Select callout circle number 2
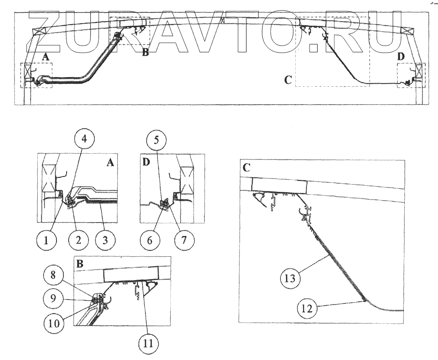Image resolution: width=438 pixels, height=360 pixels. pos(78,240)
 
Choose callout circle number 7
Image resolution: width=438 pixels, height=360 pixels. pos(183,240)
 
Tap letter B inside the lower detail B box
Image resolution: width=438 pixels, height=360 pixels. pos(80,264)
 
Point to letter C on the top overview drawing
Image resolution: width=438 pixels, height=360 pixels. pos(288,80)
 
